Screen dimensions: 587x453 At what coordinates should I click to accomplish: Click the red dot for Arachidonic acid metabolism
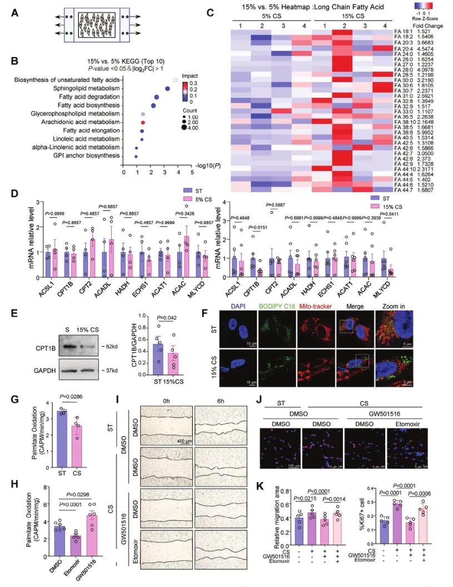click(143, 122)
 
